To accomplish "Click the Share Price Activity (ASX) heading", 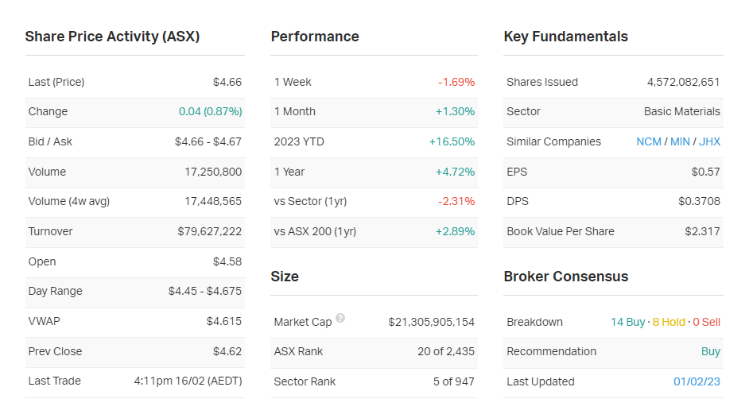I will (x=112, y=37).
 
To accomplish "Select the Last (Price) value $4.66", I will (x=227, y=82).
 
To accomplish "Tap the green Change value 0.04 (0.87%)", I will (x=210, y=111).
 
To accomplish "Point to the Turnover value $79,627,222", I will (x=209, y=231).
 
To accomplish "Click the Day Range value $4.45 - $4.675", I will (x=204, y=291).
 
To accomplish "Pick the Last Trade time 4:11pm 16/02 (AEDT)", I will (x=188, y=381).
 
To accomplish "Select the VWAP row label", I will (x=44, y=321).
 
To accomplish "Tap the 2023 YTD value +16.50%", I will (x=452, y=141).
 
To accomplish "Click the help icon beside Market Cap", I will (x=340, y=318).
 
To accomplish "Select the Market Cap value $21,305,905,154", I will (x=431, y=322).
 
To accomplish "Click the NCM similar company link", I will (x=649, y=141).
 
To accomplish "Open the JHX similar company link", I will (x=709, y=141).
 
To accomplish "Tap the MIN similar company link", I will (x=680, y=141).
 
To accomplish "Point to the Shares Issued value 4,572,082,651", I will (x=683, y=82).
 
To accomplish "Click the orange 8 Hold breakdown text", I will (x=669, y=322).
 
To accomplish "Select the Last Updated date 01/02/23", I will (x=697, y=381).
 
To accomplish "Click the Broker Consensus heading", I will (x=565, y=277).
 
